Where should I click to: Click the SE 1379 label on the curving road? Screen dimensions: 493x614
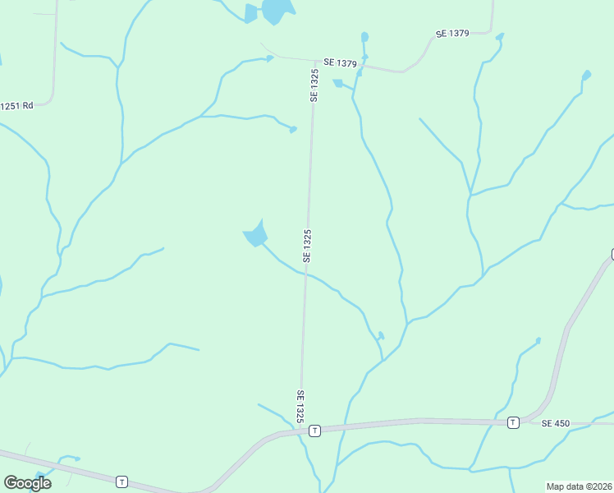pyautogui.click(x=451, y=34)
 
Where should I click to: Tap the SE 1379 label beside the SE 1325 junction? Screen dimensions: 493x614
pyautogui.click(x=339, y=62)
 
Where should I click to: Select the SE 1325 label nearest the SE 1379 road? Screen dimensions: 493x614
pyautogui.click(x=314, y=85)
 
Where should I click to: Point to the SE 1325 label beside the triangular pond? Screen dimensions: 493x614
pyautogui.click(x=307, y=246)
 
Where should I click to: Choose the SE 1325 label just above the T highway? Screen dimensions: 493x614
pyautogui.click(x=301, y=406)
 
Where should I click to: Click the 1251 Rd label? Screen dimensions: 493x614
pyautogui.click(x=16, y=105)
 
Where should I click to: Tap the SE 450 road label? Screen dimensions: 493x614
pyautogui.click(x=556, y=423)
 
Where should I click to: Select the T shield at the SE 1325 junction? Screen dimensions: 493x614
pyautogui.click(x=314, y=430)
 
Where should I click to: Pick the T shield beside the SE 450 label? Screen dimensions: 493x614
pyautogui.click(x=513, y=422)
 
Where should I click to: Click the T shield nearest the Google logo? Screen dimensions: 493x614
pyautogui.click(x=121, y=481)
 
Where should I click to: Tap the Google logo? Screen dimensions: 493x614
pyautogui.click(x=27, y=483)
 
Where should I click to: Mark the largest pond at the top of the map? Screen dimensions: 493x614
pyautogui.click(x=277, y=11)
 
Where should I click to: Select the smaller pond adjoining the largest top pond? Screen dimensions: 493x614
pyautogui.click(x=251, y=13)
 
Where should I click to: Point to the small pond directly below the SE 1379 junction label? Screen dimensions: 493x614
pyautogui.click(x=337, y=83)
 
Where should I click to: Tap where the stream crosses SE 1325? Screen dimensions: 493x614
pyautogui.click(x=305, y=274)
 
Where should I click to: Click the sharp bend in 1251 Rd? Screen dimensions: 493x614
pyautogui.click(x=51, y=100)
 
